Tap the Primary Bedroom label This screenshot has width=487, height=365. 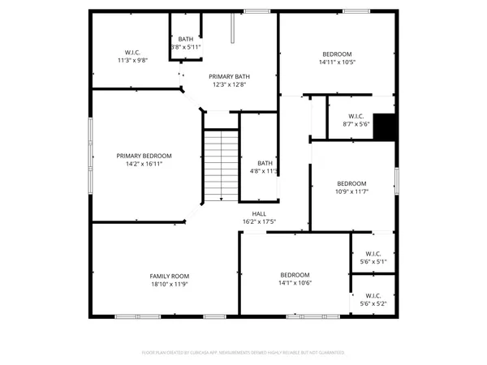144,156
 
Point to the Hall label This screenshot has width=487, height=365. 259,214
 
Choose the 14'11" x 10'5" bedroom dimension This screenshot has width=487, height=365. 337,62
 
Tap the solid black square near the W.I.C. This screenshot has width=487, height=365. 385,127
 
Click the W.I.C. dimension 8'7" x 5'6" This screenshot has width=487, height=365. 356,124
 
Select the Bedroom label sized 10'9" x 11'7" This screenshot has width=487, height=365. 351,183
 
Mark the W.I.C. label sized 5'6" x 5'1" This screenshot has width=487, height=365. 373,254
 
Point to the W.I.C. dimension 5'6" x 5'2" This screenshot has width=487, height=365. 373,304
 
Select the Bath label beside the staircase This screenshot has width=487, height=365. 265,163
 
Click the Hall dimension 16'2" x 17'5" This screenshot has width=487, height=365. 259,222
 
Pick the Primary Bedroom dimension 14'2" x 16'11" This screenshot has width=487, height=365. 144,164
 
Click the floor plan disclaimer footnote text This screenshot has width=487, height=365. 243,353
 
